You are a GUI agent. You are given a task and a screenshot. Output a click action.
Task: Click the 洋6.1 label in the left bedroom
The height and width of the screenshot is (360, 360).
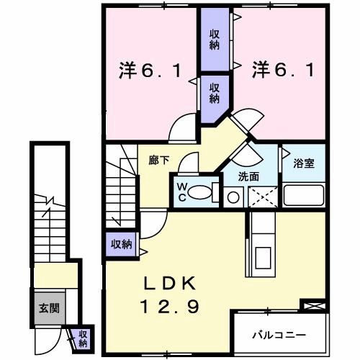[x=154, y=71]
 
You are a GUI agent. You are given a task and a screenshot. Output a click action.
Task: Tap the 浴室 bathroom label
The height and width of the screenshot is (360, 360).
[x=304, y=163]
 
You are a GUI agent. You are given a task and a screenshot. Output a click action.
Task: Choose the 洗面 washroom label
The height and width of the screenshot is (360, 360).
[x=250, y=176]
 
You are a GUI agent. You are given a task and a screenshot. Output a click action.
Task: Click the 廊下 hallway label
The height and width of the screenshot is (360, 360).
[x=159, y=161]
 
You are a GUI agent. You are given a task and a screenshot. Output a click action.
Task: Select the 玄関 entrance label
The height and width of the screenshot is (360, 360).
[x=50, y=308]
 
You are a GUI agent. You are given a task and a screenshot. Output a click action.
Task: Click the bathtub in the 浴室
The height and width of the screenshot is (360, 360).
[x=303, y=194]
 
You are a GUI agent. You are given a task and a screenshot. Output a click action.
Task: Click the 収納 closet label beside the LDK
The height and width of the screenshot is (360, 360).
[x=121, y=244]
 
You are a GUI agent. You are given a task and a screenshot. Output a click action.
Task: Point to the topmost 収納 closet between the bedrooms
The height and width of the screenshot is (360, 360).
[x=215, y=38]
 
